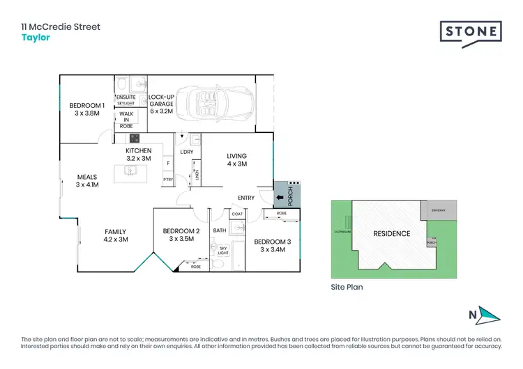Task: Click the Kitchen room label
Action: point(138,155)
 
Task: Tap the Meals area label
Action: point(87,181)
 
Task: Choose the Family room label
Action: point(116,235)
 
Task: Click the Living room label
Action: point(237,159)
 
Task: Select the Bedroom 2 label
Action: point(181,235)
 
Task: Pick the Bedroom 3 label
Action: point(273,244)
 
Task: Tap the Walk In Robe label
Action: point(126,120)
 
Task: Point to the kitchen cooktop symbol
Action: point(132,138)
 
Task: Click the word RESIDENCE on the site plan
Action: point(391,234)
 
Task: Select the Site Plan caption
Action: point(347,286)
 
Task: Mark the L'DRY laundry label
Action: point(186,152)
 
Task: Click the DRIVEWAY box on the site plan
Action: point(437,208)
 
